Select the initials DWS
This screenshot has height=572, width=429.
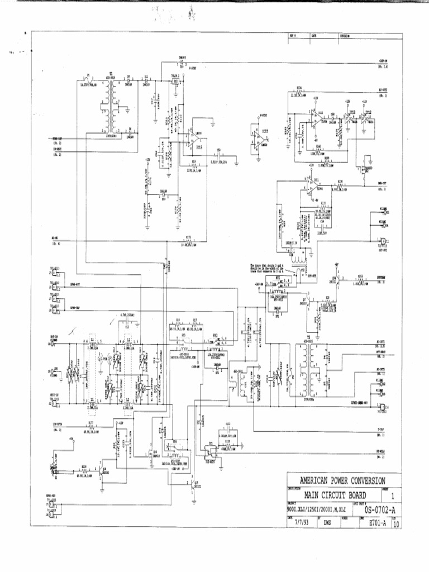[x=327, y=524]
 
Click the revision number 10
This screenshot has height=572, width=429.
[x=396, y=525]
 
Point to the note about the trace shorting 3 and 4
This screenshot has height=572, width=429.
[x=268, y=268]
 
